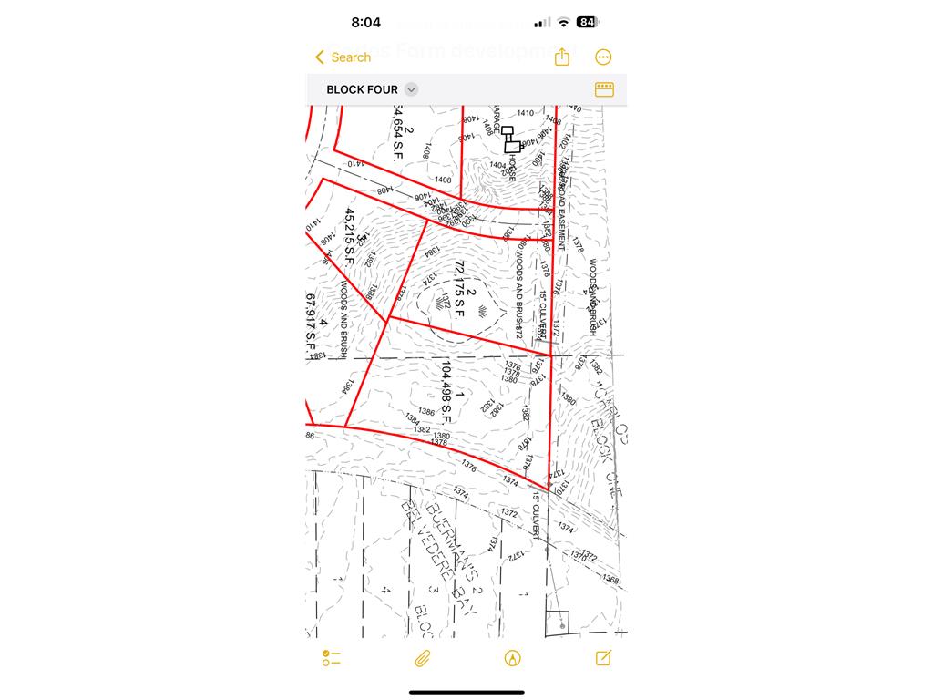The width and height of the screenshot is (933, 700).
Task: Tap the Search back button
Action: click(x=343, y=57)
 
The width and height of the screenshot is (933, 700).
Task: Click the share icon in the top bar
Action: click(x=562, y=57)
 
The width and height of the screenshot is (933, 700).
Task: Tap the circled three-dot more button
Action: click(x=603, y=57)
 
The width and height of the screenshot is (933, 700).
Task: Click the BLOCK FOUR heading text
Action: click(x=362, y=89)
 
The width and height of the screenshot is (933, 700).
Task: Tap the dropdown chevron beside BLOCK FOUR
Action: click(x=412, y=89)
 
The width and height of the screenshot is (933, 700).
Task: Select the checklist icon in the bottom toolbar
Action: click(x=331, y=658)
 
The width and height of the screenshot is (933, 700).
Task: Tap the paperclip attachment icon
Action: click(x=422, y=658)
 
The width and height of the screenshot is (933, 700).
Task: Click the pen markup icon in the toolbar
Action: click(x=512, y=658)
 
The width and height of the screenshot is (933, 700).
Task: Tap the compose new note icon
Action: click(x=603, y=658)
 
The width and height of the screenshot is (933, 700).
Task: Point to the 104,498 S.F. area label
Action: click(x=446, y=391)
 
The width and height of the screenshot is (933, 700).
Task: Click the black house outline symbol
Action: click(x=510, y=139)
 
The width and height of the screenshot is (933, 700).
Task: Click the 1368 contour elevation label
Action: click(x=610, y=580)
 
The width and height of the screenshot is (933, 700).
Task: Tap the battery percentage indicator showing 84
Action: click(x=587, y=22)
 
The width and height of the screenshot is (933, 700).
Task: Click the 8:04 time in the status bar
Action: click(x=365, y=22)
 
